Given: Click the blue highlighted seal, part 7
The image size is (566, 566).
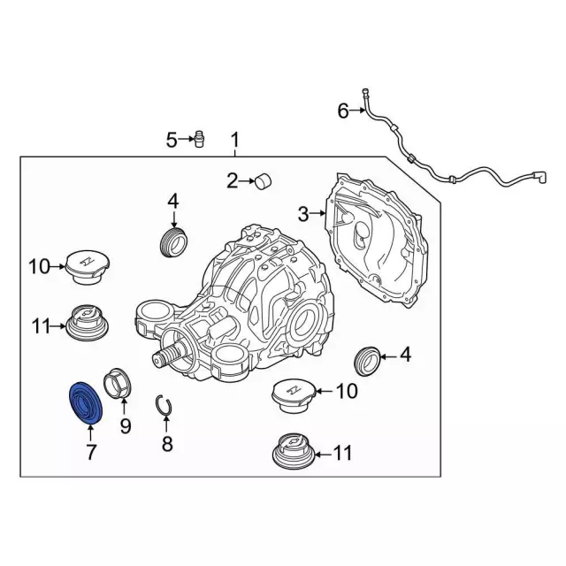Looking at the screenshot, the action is (86, 402).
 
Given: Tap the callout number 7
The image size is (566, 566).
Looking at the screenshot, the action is (90, 452).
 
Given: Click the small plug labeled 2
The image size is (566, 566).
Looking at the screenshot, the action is (264, 180).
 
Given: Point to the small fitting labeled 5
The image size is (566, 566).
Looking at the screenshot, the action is (198, 139).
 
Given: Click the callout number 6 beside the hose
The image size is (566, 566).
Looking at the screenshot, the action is (343, 111).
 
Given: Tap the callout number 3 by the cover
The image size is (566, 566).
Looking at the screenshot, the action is (303, 214).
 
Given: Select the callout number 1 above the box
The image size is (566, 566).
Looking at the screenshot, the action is (235, 141).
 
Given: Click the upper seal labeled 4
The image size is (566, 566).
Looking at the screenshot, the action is (173, 241).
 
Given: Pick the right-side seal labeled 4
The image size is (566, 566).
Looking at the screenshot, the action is (366, 361).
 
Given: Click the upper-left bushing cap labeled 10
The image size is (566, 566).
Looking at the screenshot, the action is (88, 267).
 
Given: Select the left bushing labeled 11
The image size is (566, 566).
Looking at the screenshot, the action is (88, 322).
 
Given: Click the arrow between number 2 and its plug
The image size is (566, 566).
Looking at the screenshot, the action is (248, 180).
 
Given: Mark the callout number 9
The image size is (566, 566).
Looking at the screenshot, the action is (125, 426).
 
